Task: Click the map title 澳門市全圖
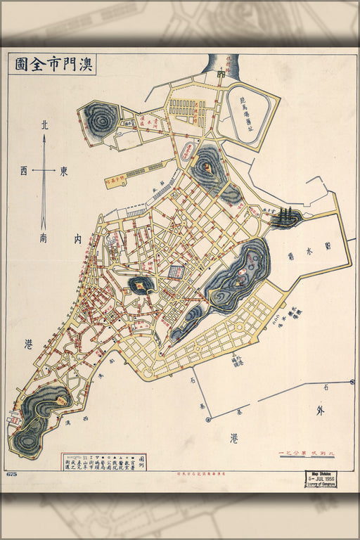point(55,65)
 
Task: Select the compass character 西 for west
point(24,171)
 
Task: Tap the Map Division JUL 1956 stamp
point(321,479)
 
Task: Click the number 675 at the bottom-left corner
point(11,475)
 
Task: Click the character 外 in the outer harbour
point(320,411)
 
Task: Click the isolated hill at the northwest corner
point(99,119)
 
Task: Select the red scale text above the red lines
point(306,452)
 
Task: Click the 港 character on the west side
point(28,344)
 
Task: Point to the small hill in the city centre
point(141,283)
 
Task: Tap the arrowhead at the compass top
point(44,138)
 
